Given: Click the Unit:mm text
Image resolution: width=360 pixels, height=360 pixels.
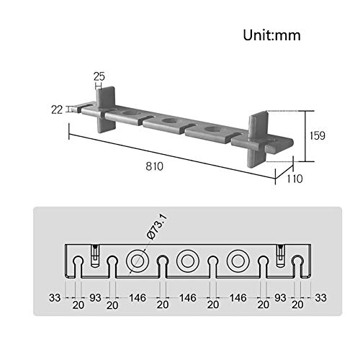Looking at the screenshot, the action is [271, 35].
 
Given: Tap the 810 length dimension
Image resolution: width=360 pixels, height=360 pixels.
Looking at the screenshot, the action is [154, 166].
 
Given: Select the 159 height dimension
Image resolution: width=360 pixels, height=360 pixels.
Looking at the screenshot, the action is [317, 135].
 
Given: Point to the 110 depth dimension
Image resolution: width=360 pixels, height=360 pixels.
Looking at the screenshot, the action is [294, 179].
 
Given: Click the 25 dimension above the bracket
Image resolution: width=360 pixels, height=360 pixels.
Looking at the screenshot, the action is [99, 76].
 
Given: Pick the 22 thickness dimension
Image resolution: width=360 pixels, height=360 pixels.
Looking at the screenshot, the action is [57, 110].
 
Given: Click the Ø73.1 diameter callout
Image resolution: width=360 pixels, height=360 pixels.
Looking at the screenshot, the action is [157, 227].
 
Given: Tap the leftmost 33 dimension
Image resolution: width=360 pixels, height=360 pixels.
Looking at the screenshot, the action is [55, 298].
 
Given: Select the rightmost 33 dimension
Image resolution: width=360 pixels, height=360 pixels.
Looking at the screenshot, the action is [320, 298].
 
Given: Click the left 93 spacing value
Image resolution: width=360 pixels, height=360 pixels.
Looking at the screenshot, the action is [95, 298].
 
